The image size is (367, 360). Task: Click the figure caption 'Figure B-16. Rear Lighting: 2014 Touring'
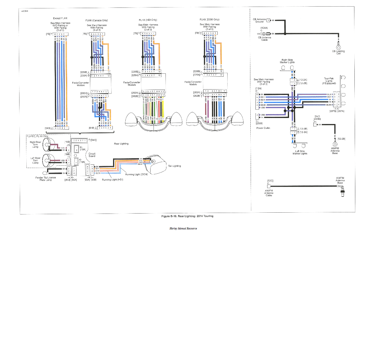point(187,216)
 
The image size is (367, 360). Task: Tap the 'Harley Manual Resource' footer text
point(183,229)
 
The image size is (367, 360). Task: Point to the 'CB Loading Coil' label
point(338,52)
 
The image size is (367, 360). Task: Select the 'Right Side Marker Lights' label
point(287,61)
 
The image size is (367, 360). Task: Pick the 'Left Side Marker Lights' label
point(300,152)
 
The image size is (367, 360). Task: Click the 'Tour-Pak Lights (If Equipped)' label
point(329,81)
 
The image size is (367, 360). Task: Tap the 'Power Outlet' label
point(263,128)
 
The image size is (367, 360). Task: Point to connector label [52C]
point(270,181)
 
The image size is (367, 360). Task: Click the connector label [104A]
point(264,28)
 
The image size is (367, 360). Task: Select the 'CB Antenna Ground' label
point(259,20)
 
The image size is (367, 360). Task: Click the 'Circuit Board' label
point(92,155)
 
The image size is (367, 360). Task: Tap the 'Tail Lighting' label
point(175,166)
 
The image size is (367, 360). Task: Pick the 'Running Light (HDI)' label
point(112,180)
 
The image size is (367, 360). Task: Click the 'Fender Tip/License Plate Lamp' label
point(46,179)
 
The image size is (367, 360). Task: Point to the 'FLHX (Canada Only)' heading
point(97,20)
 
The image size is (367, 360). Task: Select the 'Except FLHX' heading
point(60,18)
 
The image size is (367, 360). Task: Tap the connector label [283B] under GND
point(317,119)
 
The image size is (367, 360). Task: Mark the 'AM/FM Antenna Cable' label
point(269,193)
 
